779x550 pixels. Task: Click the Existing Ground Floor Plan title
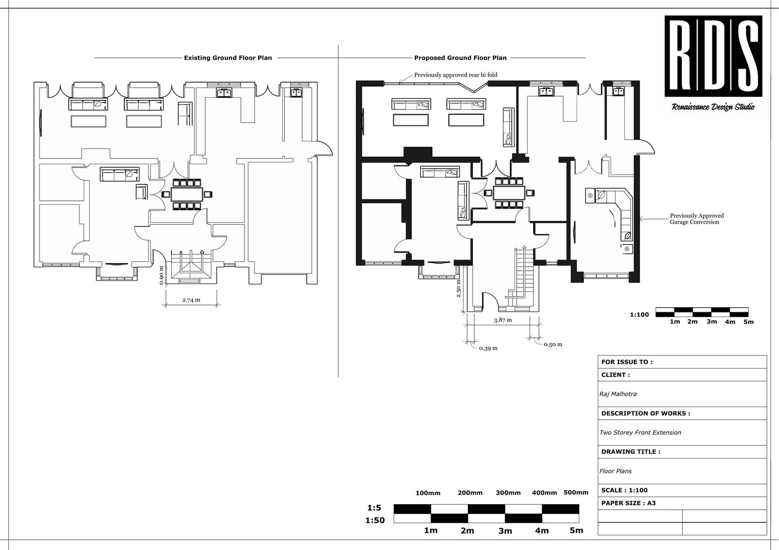coord(228,58)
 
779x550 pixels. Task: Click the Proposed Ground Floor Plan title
coord(460,58)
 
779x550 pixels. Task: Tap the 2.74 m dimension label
coord(191,300)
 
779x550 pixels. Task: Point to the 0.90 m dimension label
coord(162,275)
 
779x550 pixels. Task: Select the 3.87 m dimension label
coord(502,320)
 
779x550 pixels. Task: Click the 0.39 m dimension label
coord(488,348)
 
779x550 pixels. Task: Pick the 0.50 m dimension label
coord(553,344)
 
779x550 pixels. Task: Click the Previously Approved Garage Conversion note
coord(696,219)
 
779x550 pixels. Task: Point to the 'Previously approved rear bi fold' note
coord(455,75)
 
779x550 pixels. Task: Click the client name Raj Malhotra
coord(618,394)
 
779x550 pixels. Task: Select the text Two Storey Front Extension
coord(640,433)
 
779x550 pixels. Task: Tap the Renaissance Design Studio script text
coord(713,107)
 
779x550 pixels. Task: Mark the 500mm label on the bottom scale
coord(575,492)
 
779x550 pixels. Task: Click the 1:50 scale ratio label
coord(375,520)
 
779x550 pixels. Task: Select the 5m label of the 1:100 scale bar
coord(748,322)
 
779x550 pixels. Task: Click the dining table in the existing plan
coord(187,195)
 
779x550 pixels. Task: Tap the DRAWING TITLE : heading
coord(631,452)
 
